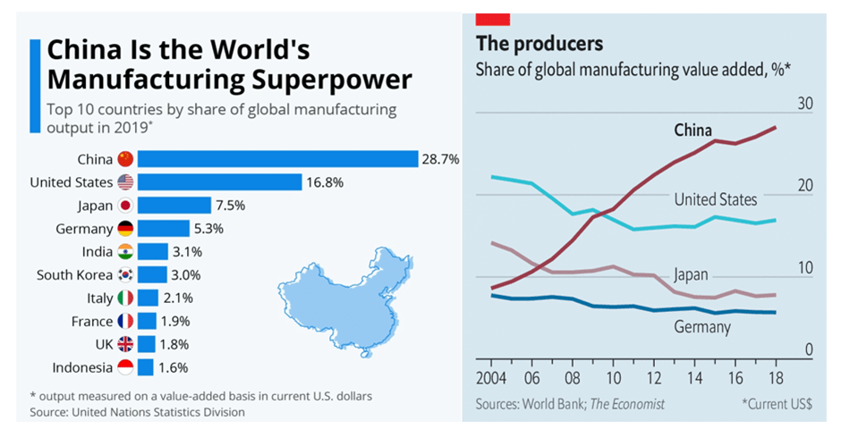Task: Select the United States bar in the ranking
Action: tap(220, 182)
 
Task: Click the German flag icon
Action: tap(125, 229)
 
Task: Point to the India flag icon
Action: tap(125, 252)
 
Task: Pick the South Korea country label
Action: tap(74, 275)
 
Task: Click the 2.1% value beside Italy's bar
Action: tap(177, 299)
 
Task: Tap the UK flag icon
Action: tap(125, 344)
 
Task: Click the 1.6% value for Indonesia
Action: tap(174, 367)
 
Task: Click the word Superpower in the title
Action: tap(331, 80)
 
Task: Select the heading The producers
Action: tap(539, 43)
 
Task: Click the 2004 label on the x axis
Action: tap(493, 374)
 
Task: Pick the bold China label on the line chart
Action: tap(693, 130)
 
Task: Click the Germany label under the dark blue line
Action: tap(702, 327)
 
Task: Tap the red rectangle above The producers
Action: tap(493, 18)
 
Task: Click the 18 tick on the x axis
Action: tap(774, 374)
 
